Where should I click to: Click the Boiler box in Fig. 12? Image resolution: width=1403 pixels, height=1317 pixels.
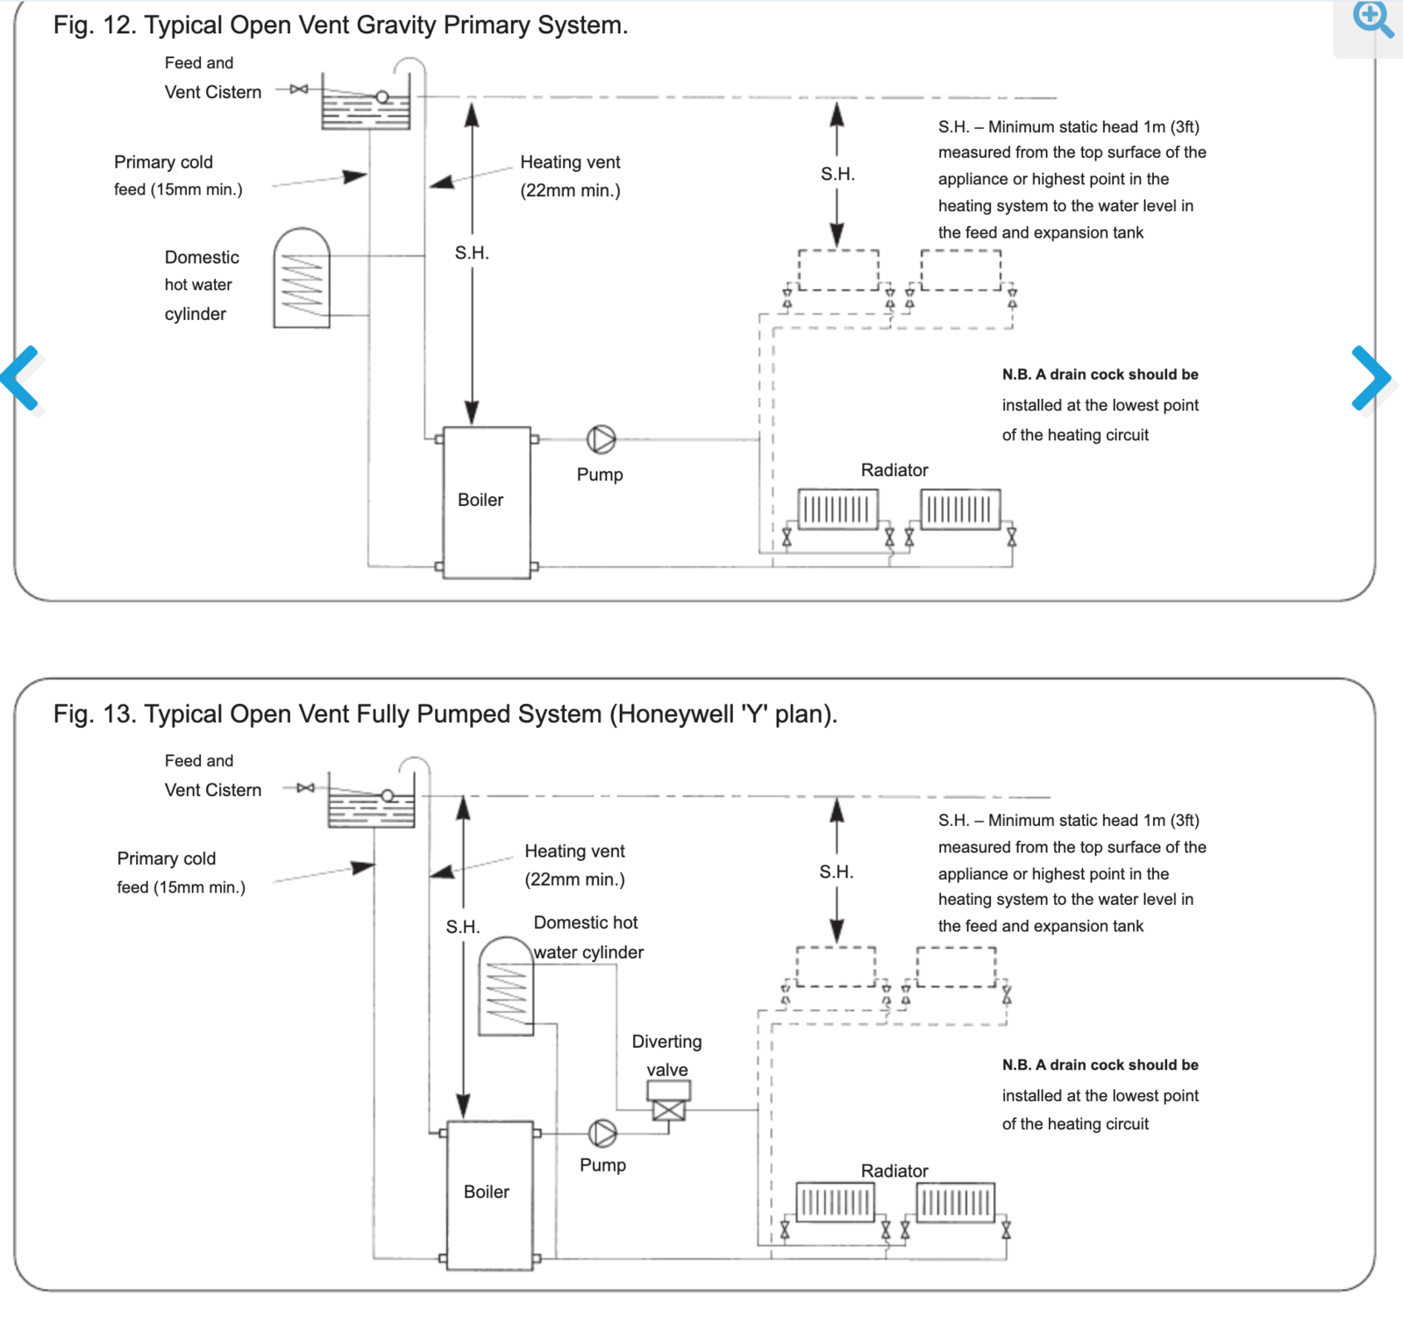(487, 502)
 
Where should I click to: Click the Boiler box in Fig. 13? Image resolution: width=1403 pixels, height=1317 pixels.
(489, 1194)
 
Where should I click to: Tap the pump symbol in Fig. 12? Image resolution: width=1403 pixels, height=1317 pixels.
(602, 439)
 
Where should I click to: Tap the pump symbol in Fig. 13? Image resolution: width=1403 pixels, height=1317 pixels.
(602, 1133)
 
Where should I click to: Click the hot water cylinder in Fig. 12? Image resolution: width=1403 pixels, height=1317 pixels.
(302, 279)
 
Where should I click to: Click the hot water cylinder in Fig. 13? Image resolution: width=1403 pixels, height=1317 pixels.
(506, 986)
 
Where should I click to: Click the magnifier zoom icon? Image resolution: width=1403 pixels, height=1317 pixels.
(1372, 19)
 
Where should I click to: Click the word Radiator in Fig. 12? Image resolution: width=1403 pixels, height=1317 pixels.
(894, 470)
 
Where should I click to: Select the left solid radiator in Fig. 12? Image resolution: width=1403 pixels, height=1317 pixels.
(837, 509)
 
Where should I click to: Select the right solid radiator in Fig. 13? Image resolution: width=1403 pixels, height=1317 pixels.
(956, 1202)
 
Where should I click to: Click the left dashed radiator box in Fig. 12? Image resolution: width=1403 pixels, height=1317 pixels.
(838, 270)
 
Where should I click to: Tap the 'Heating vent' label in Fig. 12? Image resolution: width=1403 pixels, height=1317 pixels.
(570, 162)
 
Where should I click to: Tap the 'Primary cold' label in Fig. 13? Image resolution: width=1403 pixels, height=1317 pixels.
(167, 858)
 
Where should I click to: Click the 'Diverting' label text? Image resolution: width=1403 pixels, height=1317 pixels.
(666, 1042)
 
